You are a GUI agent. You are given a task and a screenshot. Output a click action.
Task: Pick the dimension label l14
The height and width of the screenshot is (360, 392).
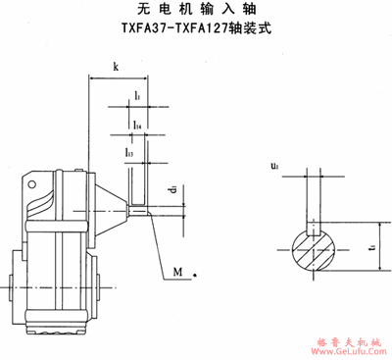138,125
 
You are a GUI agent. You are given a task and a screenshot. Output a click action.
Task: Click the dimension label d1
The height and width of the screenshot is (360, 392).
171,189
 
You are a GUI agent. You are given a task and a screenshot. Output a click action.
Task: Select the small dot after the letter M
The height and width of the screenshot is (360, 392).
196,274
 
